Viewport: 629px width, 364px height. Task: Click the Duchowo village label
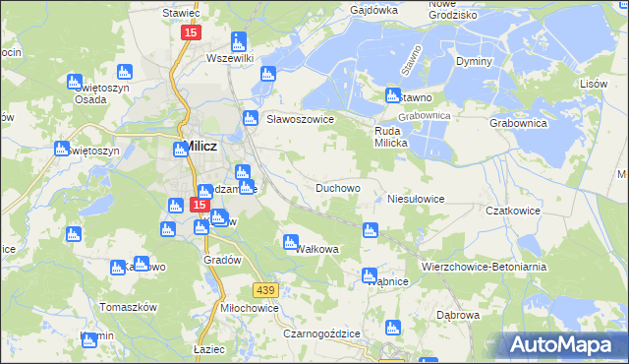337,187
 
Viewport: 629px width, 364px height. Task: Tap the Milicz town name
200,146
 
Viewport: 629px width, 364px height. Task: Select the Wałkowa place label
316,249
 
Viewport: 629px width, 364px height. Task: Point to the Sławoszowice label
302,119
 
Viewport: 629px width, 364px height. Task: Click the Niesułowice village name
416,198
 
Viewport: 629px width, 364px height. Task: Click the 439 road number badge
264,289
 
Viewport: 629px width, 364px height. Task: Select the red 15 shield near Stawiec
190,32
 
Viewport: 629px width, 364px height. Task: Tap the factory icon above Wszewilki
238,42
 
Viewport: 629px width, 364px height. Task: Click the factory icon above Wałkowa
291,241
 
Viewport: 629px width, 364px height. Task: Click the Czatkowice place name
508,211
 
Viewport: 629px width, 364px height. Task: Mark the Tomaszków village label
129,307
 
